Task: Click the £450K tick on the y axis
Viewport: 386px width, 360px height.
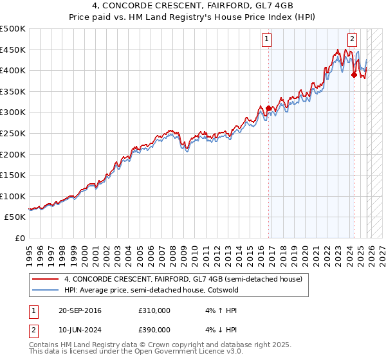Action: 13,50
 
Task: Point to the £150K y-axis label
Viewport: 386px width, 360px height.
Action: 13,175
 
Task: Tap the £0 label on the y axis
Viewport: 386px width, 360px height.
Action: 19,238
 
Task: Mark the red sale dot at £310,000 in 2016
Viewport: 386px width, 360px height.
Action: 268,108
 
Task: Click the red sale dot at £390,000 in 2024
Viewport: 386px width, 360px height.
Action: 354,75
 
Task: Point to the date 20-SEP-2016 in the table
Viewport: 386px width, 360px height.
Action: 79,310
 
